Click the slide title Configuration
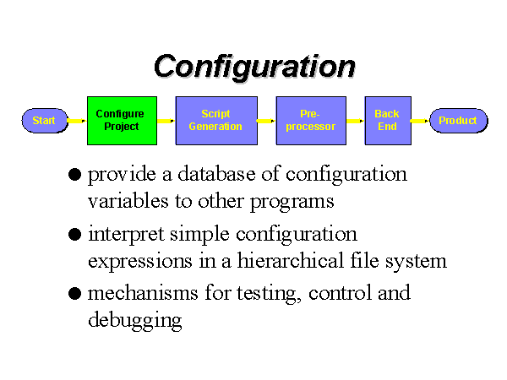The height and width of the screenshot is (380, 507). coord(255,66)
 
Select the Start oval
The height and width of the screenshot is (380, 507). coord(45,121)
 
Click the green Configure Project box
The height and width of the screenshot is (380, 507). coord(123,121)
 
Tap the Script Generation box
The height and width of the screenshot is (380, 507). coord(216,121)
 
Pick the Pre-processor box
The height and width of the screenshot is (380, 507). coord(311,121)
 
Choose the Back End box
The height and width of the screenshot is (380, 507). coord(388,121)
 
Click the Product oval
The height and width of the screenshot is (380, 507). coord(459,121)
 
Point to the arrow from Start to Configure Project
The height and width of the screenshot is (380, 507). coord(77,121)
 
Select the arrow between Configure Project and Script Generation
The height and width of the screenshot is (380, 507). coord(166,121)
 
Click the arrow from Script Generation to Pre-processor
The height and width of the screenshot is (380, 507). coord(266,121)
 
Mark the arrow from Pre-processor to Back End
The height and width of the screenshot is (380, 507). coord(355,121)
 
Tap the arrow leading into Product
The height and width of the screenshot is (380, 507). coord(420,121)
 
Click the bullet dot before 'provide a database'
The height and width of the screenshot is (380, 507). coord(74,175)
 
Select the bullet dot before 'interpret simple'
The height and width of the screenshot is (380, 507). coord(74,234)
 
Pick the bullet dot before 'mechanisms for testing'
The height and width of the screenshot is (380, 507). coord(74,294)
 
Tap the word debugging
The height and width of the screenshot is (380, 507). coord(135,321)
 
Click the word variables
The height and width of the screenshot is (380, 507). coord(128,201)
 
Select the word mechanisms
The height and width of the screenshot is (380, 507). coord(143,293)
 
